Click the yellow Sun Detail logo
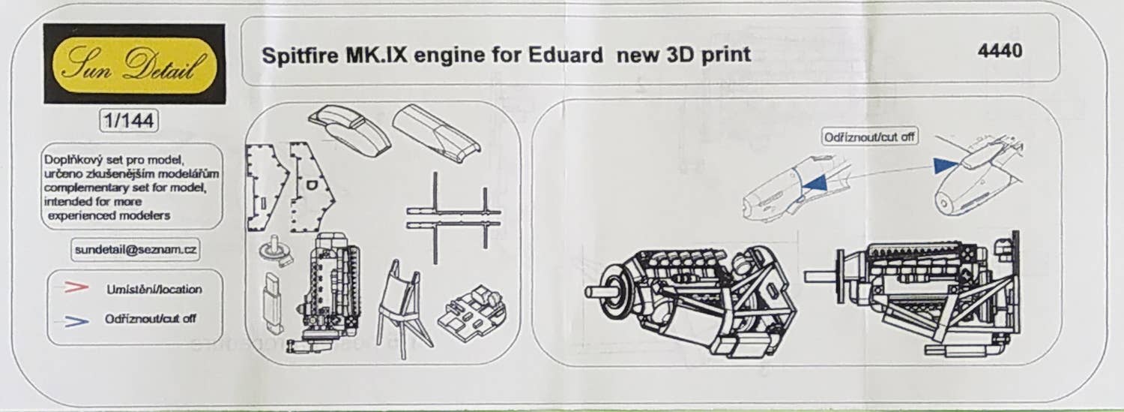point(134,65)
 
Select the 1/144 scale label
point(129,121)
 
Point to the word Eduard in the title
point(566,55)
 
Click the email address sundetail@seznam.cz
point(136,250)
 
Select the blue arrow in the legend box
point(76,321)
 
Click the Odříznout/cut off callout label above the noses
point(869,137)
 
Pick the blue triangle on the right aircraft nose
point(946,166)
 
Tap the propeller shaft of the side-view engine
point(820,275)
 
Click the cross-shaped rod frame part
point(454,217)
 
